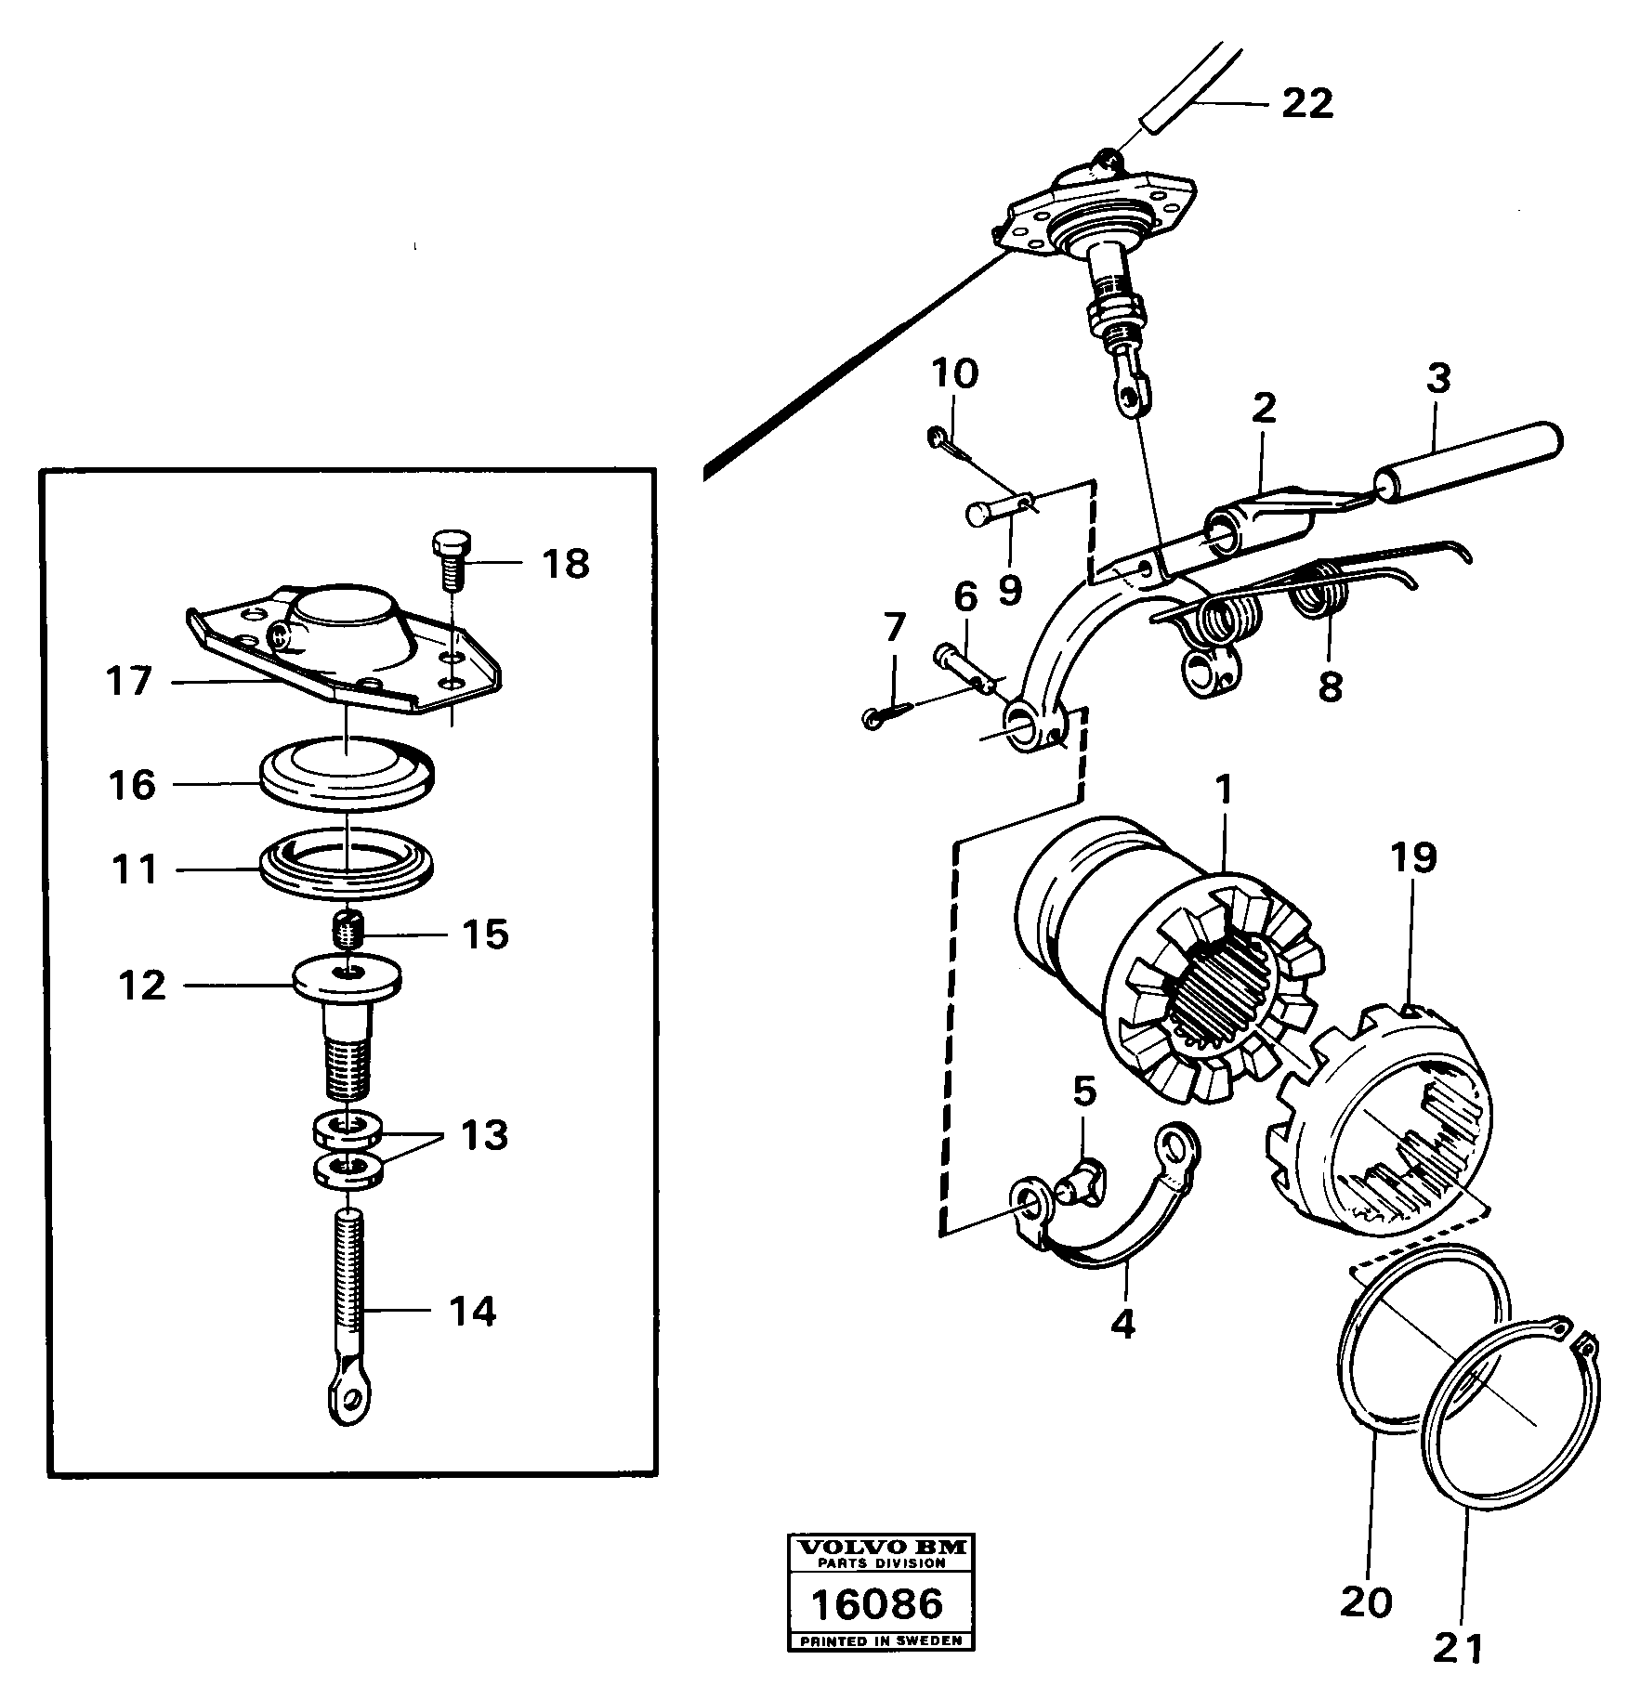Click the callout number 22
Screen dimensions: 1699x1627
point(1306,104)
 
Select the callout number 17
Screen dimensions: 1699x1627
point(129,681)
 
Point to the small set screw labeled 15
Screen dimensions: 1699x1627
point(347,930)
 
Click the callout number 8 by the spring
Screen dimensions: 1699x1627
point(1330,687)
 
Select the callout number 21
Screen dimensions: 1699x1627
point(1457,1648)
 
